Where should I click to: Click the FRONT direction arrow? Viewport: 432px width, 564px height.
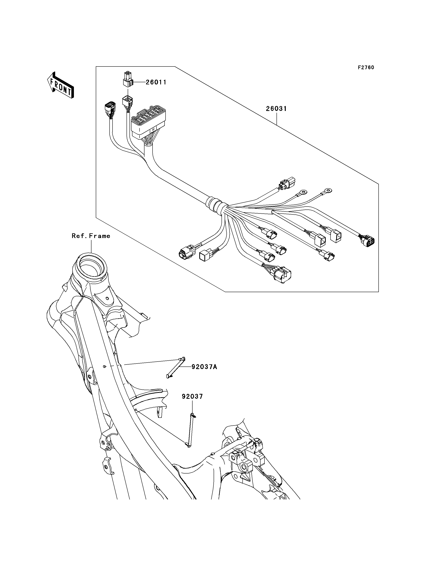(61, 86)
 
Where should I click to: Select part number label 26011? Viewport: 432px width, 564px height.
(156, 82)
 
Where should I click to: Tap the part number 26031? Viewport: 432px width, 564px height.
(276, 109)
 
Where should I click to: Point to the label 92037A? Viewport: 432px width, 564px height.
(204, 367)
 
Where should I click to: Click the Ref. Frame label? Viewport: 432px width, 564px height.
(91, 236)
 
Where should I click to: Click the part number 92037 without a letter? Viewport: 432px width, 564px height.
(192, 396)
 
